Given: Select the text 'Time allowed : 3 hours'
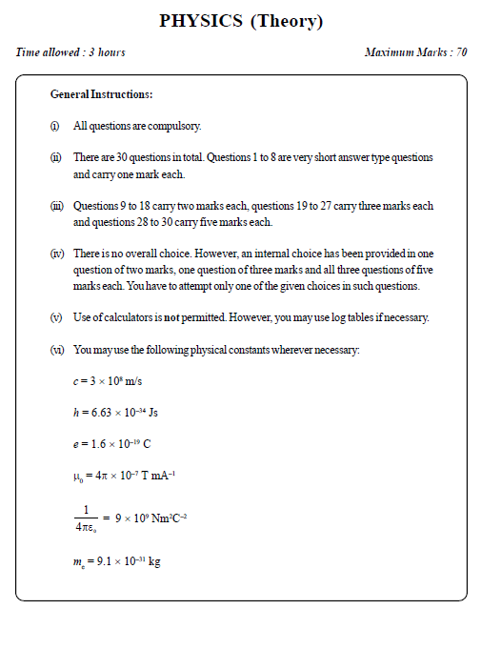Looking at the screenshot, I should click(70, 52).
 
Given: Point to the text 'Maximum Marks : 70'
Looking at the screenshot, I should click(415, 52).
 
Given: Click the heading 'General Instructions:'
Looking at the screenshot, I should click(101, 95).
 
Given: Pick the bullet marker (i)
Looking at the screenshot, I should click(54, 127).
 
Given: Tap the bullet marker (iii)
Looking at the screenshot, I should click(56, 206).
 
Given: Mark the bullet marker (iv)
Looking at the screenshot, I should click(56, 254).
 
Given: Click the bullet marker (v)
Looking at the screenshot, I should click(55, 317).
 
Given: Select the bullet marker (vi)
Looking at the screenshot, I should click(56, 350).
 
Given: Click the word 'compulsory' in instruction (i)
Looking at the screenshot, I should click(170, 127).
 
